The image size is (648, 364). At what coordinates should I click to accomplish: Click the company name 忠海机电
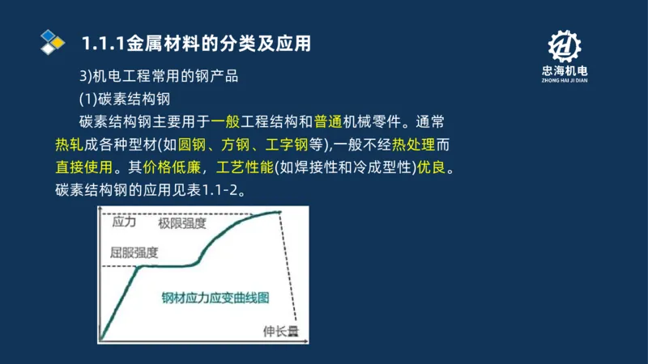pyautogui.click(x=565, y=71)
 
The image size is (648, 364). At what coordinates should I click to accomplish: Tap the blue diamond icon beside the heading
pyautogui.click(x=53, y=41)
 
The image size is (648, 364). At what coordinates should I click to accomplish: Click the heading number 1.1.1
pyautogui.click(x=103, y=43)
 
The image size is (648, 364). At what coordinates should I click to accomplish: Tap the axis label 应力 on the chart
pyautogui.click(x=124, y=221)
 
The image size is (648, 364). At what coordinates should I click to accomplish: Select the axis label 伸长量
pyautogui.click(x=280, y=332)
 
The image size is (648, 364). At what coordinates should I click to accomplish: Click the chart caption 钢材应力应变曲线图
pyautogui.click(x=215, y=297)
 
